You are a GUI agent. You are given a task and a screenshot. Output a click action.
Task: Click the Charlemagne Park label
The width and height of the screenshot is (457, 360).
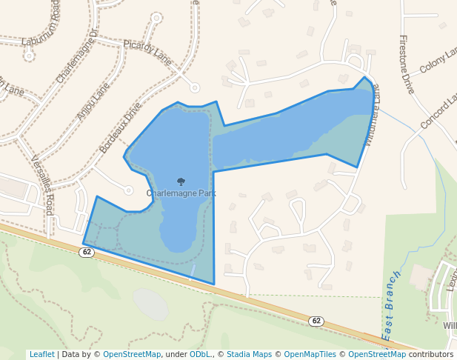point(181,193)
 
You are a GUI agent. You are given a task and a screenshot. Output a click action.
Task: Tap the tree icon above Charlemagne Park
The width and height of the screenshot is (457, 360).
point(181,181)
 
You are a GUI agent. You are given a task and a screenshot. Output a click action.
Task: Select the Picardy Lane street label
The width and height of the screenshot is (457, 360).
point(147,53)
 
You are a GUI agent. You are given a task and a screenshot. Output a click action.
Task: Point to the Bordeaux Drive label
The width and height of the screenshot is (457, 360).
point(121,127)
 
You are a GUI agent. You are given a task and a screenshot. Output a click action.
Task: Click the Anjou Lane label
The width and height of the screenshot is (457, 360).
point(93,101)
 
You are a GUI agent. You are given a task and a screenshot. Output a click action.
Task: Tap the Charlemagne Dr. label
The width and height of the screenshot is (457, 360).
point(77,56)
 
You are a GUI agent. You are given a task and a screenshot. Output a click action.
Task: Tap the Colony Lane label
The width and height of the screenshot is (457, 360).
point(438,61)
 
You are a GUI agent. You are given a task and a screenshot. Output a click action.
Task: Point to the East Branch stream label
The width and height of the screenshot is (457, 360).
point(390,305)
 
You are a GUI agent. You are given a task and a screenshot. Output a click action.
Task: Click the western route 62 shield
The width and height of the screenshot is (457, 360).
point(87,252)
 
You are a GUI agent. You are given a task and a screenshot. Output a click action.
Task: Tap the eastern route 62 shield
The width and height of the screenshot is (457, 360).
point(316,321)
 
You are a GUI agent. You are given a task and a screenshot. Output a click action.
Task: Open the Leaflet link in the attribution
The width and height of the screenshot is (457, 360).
point(41,354)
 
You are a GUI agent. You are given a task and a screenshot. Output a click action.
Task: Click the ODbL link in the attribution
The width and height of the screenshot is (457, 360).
point(200,354)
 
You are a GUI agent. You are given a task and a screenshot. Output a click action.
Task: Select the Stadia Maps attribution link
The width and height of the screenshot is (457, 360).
point(249,354)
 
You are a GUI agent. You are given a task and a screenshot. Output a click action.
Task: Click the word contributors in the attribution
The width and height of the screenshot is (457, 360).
point(431,354)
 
